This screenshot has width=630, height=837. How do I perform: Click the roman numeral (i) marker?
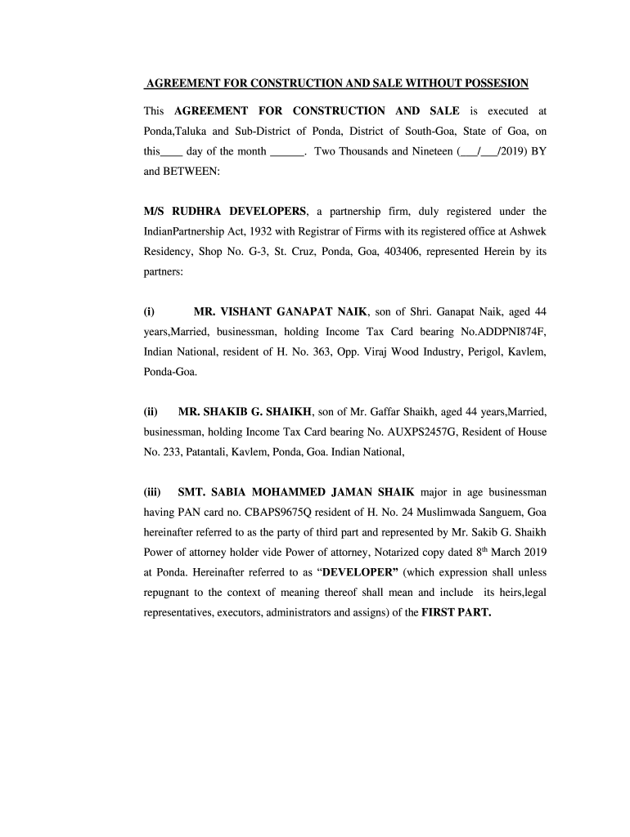[x=149, y=312]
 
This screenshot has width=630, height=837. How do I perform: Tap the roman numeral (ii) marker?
[x=151, y=411]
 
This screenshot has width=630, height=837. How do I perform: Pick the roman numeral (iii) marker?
[x=152, y=493]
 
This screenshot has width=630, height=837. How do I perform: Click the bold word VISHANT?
[x=251, y=312]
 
